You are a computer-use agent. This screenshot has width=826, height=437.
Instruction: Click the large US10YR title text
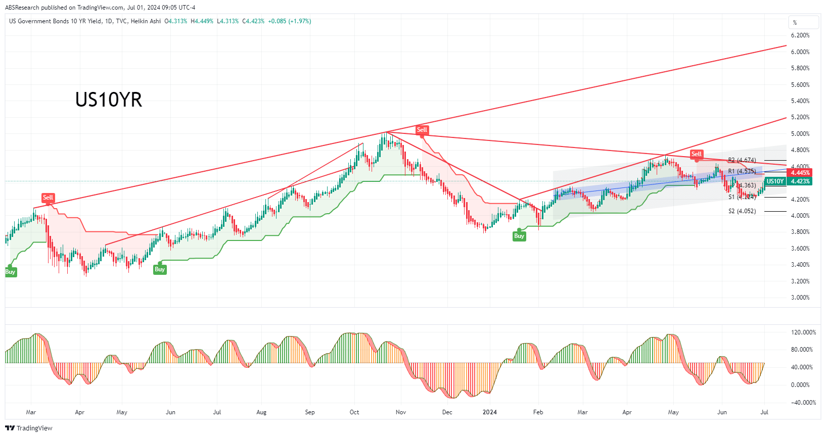click(x=109, y=100)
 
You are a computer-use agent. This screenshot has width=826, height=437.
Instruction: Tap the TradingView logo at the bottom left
click(x=29, y=428)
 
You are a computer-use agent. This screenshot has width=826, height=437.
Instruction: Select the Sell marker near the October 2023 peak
click(x=422, y=130)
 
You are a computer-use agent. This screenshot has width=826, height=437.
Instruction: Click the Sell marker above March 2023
click(x=48, y=198)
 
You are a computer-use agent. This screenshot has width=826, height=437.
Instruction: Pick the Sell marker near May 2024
click(x=696, y=154)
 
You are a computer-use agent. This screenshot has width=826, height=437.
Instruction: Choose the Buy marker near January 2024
click(x=519, y=236)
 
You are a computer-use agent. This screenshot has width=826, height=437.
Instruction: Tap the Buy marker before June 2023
click(x=160, y=269)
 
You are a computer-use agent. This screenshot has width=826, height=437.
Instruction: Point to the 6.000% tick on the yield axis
click(x=800, y=52)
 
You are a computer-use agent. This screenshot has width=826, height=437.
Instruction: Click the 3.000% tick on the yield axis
click(x=800, y=298)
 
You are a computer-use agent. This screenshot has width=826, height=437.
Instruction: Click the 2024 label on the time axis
click(x=489, y=412)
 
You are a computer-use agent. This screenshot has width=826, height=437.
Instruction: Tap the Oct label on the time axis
click(x=354, y=412)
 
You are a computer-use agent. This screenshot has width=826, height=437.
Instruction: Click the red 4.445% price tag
click(x=800, y=173)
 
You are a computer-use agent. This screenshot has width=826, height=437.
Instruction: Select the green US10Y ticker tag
click(x=775, y=181)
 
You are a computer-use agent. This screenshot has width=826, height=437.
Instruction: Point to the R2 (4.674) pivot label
click(x=742, y=160)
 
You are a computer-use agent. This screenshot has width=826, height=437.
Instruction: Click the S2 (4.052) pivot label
click(x=742, y=211)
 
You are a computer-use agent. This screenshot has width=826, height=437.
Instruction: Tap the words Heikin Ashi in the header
click(x=146, y=21)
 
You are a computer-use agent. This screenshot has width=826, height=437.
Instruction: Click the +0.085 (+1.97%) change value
click(x=289, y=21)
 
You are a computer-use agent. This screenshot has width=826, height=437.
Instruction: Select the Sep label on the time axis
click(x=310, y=412)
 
